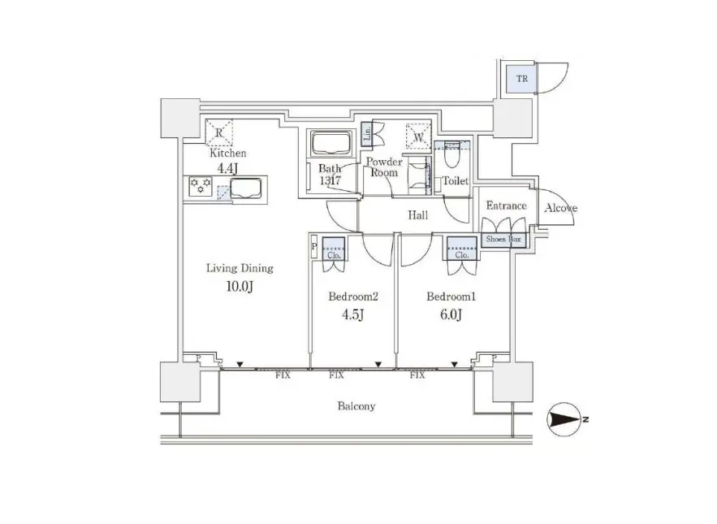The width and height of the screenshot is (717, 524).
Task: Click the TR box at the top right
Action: tap(519, 79)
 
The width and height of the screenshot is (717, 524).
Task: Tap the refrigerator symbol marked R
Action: tap(219, 132)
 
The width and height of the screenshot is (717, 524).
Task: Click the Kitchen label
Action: tap(228, 153)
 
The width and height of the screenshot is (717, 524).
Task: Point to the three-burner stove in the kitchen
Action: tap(200, 186)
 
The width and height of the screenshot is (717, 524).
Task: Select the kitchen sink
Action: tap(246, 190)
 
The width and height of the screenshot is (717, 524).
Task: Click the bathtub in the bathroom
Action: tap(330, 144)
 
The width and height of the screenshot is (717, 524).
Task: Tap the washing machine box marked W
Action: tap(419, 135)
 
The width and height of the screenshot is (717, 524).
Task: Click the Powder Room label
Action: tap(385, 167)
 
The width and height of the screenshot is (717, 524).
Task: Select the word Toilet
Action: tap(456, 181)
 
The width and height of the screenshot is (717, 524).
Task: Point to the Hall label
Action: tap(418, 214)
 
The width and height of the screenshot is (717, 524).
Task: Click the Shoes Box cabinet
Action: tap(504, 240)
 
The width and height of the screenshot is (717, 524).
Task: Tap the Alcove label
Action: tap(560, 208)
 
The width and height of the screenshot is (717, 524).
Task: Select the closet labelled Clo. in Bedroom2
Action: tap(334, 248)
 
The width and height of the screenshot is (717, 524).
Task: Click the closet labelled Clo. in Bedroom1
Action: tap(461, 248)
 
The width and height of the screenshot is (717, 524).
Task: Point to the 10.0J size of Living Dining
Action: tap(240, 286)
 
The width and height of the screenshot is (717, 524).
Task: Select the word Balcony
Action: tap(356, 406)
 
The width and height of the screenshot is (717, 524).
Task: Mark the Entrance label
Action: tap(506, 206)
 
